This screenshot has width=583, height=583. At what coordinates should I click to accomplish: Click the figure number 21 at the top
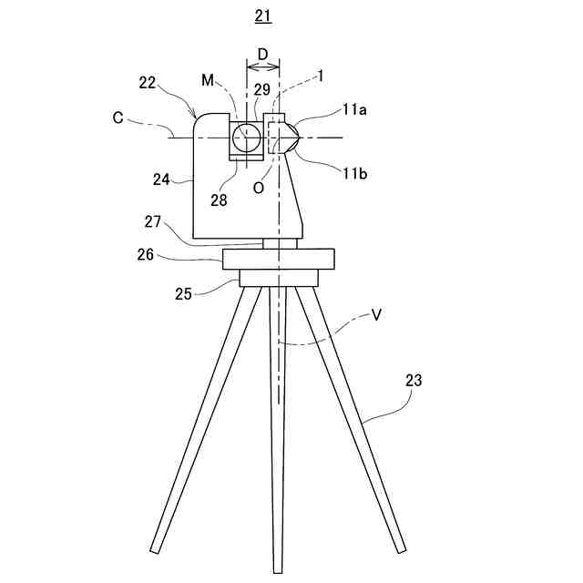263,15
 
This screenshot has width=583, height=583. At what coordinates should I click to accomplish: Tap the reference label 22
148,82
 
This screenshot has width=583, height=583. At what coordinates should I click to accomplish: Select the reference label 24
161,179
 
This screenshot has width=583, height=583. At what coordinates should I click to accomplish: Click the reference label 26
146,256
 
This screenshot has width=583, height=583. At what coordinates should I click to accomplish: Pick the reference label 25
182,294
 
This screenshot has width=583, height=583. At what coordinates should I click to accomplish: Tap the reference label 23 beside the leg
413,381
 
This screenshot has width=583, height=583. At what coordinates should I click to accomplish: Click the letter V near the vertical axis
375,315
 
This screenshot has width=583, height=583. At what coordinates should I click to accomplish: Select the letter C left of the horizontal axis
118,117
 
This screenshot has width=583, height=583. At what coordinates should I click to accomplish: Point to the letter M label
207,82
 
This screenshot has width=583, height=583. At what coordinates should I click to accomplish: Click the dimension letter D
263,55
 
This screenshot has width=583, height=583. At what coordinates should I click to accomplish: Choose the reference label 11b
356,170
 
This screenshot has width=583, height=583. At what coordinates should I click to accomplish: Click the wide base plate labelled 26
279,260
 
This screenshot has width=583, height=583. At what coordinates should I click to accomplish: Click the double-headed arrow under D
263,67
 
